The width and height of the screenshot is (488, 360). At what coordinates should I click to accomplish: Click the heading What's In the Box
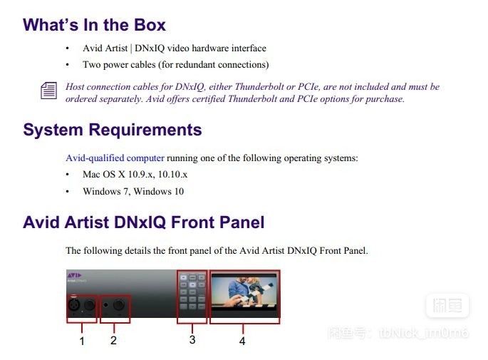coord(94,25)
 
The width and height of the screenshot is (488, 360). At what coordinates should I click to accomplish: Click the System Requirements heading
coord(112,130)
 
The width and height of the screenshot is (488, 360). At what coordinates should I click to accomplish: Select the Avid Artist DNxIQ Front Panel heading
coord(143,222)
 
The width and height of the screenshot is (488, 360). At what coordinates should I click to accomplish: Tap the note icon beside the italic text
coord(48,91)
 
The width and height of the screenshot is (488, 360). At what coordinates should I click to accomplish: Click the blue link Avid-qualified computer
coord(115,158)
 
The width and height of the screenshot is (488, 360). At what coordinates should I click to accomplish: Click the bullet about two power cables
coord(175,65)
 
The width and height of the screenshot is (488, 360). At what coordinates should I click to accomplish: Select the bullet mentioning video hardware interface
coord(174,48)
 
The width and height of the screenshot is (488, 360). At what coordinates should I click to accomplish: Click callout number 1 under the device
coord(82,341)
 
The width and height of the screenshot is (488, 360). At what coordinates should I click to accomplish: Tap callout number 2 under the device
coord(113,340)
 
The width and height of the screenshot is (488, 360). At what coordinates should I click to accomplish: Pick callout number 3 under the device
coord(192,340)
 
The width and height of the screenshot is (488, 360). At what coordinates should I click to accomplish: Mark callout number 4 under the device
coord(242,341)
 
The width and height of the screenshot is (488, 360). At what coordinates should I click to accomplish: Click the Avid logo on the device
coord(75,274)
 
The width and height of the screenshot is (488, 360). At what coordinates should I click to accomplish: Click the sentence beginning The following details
coord(216,250)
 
